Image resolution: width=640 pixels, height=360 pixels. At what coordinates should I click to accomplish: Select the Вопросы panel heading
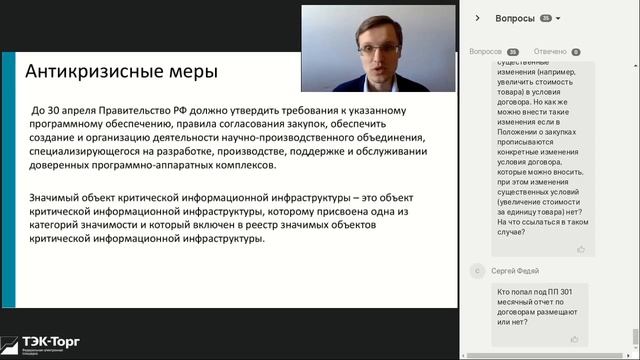(x=515, y=18)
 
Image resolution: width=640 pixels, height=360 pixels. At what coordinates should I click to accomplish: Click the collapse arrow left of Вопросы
(x=478, y=18)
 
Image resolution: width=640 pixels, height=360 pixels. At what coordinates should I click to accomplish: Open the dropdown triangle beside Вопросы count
(x=558, y=18)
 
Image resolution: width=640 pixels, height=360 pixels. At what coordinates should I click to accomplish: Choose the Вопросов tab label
(x=486, y=51)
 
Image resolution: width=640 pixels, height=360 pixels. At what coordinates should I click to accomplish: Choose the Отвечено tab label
(x=550, y=51)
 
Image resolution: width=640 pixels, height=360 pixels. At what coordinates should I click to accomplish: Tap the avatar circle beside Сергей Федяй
(x=478, y=270)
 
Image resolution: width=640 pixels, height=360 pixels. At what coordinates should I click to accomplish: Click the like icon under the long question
(x=581, y=248)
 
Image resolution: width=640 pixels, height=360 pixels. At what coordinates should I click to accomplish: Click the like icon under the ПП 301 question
(x=574, y=339)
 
